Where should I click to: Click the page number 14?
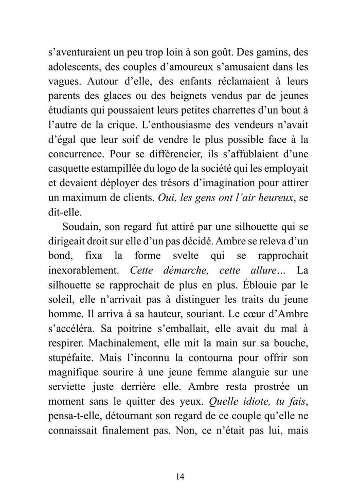pyautogui.click(x=179, y=476)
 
